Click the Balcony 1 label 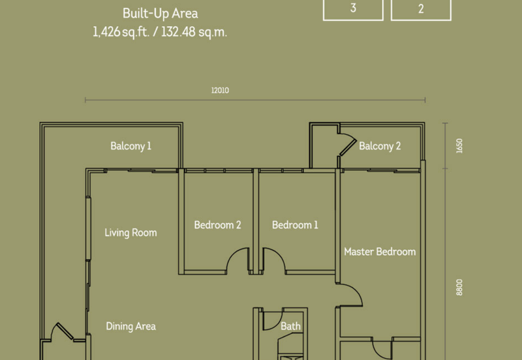131,146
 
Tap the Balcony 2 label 380,146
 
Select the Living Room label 131,233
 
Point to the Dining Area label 131,326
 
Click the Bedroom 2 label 218,225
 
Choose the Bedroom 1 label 295,225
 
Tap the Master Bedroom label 380,252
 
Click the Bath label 290,326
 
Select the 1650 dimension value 459,145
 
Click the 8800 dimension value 459,287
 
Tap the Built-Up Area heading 161,14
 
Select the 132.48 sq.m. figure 194,33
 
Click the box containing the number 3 353,10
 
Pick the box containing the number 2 421,10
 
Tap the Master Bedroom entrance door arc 356,290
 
